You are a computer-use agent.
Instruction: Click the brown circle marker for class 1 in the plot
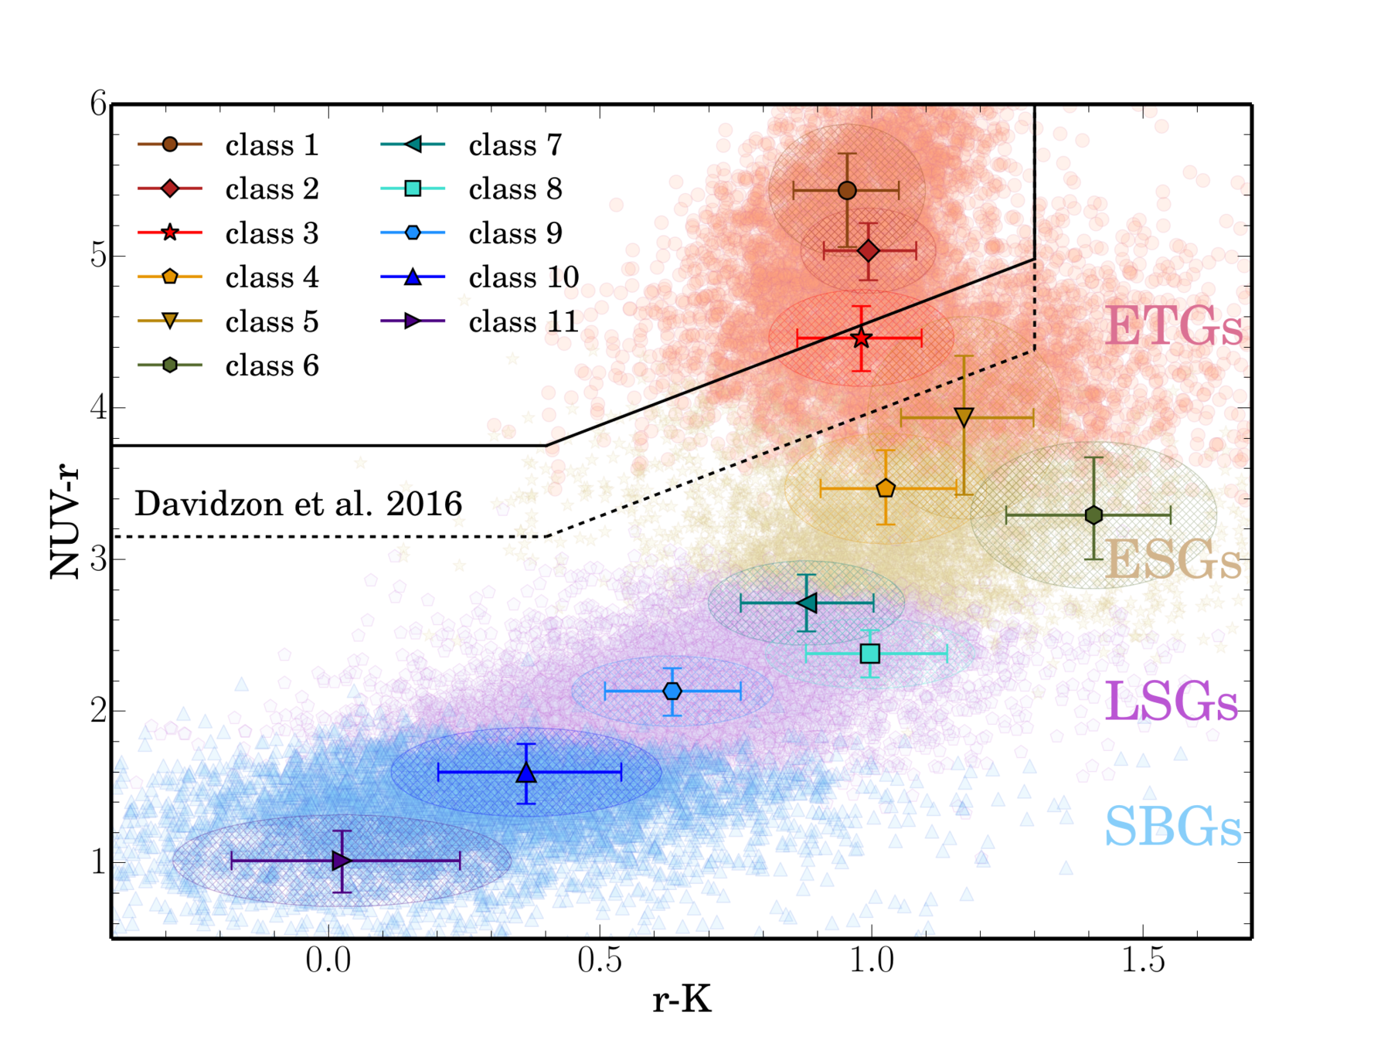847,191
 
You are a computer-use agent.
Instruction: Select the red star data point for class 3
862,338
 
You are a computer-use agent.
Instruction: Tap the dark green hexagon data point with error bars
1093,515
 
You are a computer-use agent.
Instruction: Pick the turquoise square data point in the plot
870,654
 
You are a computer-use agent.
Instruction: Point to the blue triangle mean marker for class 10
526,773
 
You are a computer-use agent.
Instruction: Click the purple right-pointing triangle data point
341,861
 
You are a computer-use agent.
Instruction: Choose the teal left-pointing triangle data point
807,603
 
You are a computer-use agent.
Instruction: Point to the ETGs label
1174,327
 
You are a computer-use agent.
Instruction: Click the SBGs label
1172,827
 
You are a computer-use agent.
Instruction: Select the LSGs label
1172,702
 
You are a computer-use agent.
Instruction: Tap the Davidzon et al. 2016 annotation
298,504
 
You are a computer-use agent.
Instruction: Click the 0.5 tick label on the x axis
600,960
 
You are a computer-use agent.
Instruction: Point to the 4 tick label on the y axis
97,407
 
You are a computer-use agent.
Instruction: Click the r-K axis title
682,1001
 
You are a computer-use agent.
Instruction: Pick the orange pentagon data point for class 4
886,488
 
